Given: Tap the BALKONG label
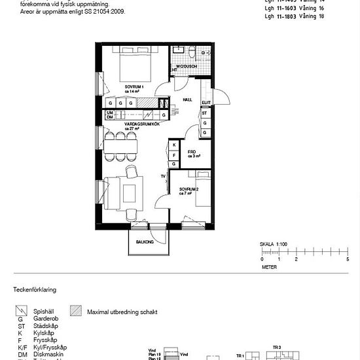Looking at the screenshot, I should [x=145, y=242].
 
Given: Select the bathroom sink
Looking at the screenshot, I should [x=203, y=52].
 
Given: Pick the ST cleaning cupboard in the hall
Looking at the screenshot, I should [x=205, y=113].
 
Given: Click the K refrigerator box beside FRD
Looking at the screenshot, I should [x=174, y=145].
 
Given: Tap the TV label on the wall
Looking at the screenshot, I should [x=163, y=177].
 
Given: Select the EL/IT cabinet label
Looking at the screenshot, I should [x=206, y=103].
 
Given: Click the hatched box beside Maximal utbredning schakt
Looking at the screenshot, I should [x=76, y=312].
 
